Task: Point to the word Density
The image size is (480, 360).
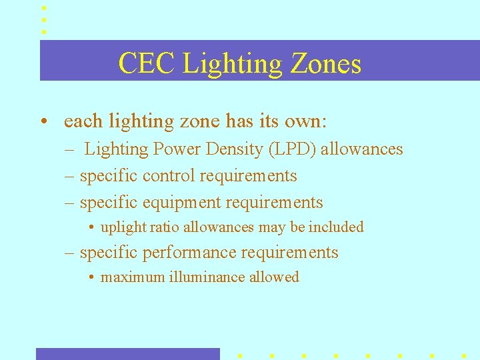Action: pos(229,149)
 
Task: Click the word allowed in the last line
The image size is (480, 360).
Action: pos(274,277)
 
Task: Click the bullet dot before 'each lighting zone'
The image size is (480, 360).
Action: pos(43,122)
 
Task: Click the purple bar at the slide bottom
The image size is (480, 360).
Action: pos(127,353)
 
